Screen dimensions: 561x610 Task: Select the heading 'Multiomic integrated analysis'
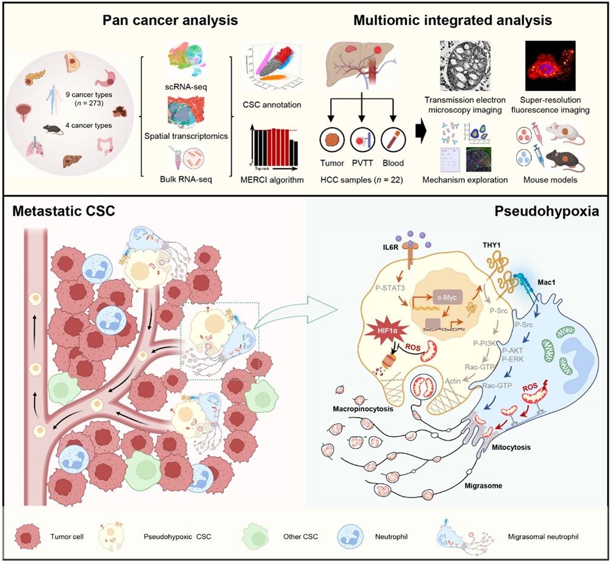(452, 20)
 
